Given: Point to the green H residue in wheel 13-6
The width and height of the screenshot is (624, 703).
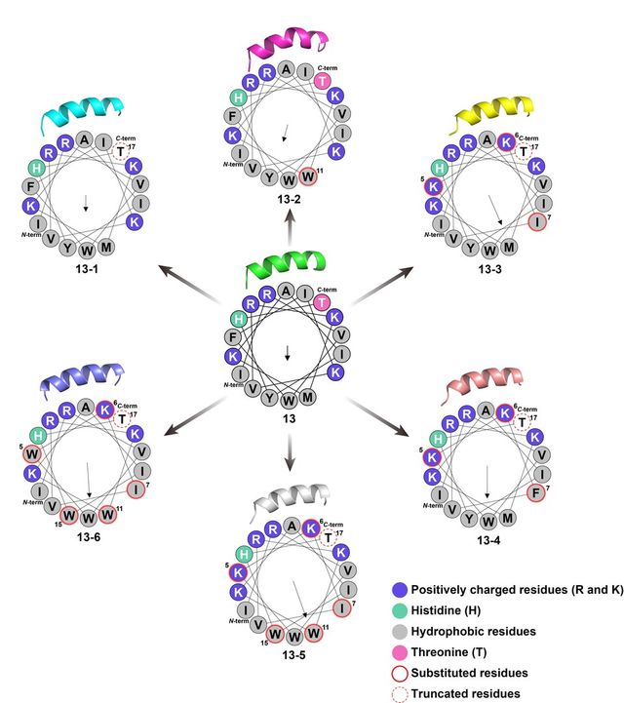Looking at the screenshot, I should coord(38,436).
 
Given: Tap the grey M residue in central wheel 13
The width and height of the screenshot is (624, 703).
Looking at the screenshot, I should coord(309,398).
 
